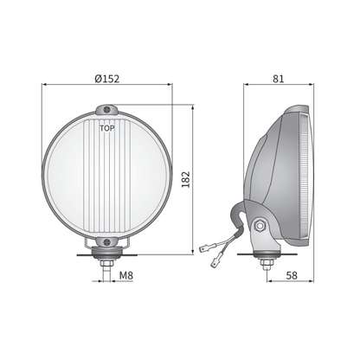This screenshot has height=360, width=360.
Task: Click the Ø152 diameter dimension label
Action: pos(106,79)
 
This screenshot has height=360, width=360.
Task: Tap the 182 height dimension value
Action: pos(184,180)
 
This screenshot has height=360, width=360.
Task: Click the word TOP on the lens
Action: pos(106,128)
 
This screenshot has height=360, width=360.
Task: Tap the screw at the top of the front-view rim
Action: pos(106,111)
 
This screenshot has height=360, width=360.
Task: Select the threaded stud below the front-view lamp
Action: pos(106,267)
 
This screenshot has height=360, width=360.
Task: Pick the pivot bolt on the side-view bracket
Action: pos(260,226)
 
